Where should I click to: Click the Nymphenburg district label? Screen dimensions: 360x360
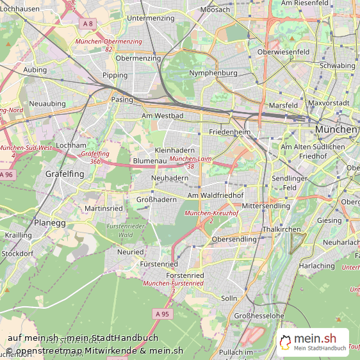tap(213, 73)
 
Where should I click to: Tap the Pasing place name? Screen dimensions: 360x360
tap(122, 100)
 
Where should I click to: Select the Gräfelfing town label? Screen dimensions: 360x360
tap(65, 174)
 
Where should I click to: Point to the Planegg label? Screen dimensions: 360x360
tap(50, 223)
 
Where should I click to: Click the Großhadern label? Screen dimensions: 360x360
tap(156, 199)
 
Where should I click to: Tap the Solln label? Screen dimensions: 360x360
tap(229, 298)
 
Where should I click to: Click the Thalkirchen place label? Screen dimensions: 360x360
tap(281, 229)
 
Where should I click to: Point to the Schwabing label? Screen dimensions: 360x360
tap(337, 65)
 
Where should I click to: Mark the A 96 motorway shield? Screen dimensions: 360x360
tap(6, 174)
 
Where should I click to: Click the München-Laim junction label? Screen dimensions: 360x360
tap(191, 162)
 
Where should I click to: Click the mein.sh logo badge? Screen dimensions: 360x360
tap(313, 342)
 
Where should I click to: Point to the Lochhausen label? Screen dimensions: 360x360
tap(20, 9)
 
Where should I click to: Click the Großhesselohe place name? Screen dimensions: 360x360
tap(259, 316)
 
